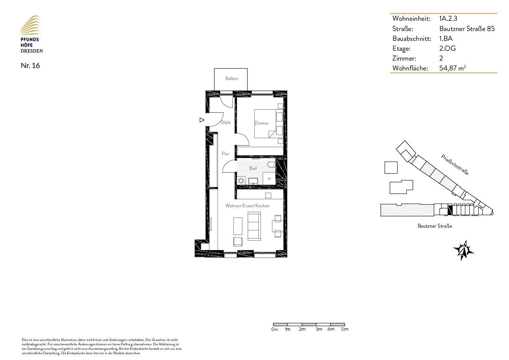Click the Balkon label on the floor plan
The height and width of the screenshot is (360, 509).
tap(232, 79)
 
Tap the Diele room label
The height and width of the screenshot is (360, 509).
tap(226, 122)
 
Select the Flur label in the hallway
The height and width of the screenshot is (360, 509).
tap(225, 154)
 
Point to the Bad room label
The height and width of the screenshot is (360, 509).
tap(253, 168)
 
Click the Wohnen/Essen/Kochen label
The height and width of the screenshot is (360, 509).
tap(248, 206)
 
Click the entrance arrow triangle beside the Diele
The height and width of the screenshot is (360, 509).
tap(202, 120)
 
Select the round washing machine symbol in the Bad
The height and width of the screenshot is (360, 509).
tap(241, 181)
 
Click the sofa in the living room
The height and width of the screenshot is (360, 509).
tap(254, 226)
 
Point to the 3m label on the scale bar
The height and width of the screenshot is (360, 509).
tap(319, 329)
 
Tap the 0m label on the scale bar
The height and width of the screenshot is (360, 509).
tap(274, 329)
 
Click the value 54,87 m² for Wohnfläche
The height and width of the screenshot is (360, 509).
tap(453, 68)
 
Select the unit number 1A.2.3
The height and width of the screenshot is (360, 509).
tap(448, 18)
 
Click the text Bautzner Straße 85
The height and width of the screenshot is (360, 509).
tap(467, 29)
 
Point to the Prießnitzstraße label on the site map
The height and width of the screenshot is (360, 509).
tap(455, 165)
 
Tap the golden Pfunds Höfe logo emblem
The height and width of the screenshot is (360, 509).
tap(30, 25)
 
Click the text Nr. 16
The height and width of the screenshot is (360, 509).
tap(30, 66)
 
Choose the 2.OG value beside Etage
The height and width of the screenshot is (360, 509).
tap(447, 48)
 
